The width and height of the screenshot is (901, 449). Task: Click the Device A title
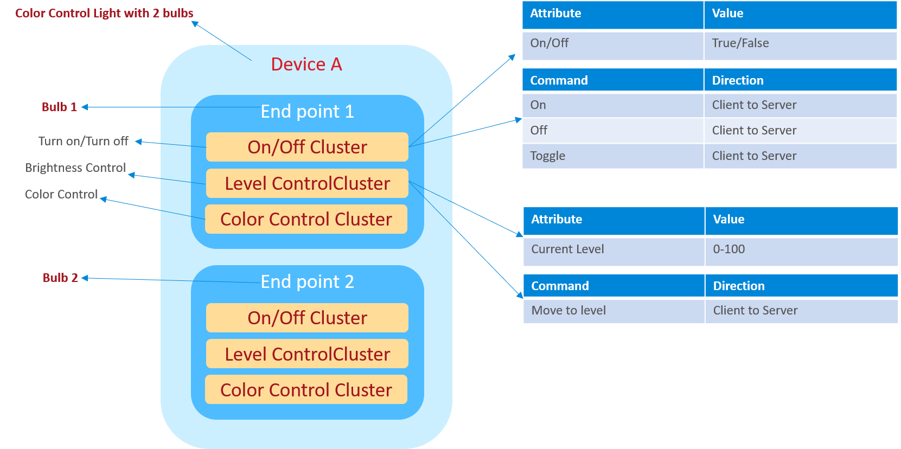306,65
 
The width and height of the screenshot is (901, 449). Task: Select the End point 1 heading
307,112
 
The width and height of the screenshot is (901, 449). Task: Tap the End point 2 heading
307,282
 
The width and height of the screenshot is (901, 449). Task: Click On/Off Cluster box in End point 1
307,147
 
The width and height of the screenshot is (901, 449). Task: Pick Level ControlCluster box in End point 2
307,354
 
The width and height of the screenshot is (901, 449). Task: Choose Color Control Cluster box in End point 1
306,219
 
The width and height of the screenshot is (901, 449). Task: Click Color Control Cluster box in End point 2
306,390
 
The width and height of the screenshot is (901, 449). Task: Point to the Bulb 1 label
59,107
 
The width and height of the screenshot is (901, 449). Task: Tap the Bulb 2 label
60,278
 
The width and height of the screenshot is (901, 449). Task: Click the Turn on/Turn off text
83,141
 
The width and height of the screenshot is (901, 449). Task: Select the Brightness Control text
75,168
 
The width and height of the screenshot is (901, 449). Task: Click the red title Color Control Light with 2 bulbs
104,13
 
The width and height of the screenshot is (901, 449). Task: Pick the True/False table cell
740,43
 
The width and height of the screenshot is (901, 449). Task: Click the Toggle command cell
548,156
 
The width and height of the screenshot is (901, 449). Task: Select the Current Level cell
567,249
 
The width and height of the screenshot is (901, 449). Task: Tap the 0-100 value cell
729,249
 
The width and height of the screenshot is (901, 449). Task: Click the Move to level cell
568,311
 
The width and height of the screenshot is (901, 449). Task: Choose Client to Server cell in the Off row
754,131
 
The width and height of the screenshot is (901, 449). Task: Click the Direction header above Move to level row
739,286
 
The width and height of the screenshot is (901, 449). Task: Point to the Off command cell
539,131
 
